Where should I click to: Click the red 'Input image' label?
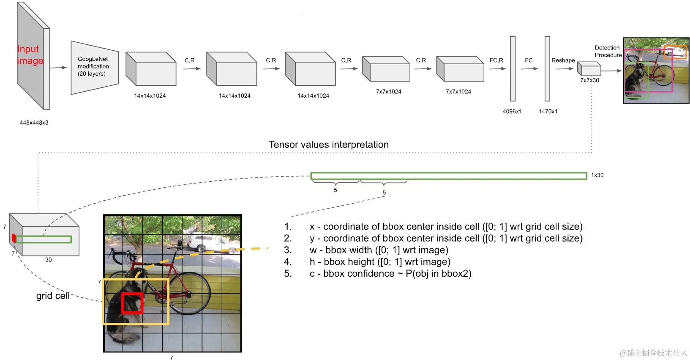click(x=30, y=55)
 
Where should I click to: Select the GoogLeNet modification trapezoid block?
click(x=94, y=67)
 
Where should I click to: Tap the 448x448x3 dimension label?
click(x=34, y=123)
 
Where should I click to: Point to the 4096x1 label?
click(x=512, y=112)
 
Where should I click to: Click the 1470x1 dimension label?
click(x=548, y=112)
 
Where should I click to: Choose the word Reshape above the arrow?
click(x=563, y=60)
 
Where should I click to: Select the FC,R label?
click(x=496, y=60)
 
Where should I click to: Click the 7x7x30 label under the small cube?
click(x=589, y=80)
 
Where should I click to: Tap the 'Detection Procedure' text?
click(x=608, y=52)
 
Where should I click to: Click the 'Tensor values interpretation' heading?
click(x=329, y=145)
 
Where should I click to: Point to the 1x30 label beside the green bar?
click(x=597, y=175)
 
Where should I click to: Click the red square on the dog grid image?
click(x=132, y=303)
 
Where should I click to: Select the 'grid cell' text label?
click(x=53, y=296)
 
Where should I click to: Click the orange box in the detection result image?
click(x=675, y=52)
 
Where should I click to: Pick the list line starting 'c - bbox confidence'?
click(x=390, y=274)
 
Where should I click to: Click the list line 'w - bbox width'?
click(x=379, y=250)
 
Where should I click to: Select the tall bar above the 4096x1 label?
click(x=513, y=69)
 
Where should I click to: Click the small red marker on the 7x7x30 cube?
click(x=14, y=238)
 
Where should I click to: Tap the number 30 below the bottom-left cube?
click(x=49, y=260)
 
